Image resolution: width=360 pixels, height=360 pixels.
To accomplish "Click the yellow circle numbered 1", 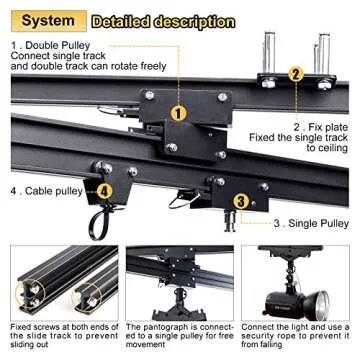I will [177, 114].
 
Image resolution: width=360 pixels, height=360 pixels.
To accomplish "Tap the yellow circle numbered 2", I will [296, 73].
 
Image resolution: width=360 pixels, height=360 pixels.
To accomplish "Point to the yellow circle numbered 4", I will [104, 191].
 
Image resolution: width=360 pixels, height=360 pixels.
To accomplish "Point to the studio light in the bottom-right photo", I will [300, 283].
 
